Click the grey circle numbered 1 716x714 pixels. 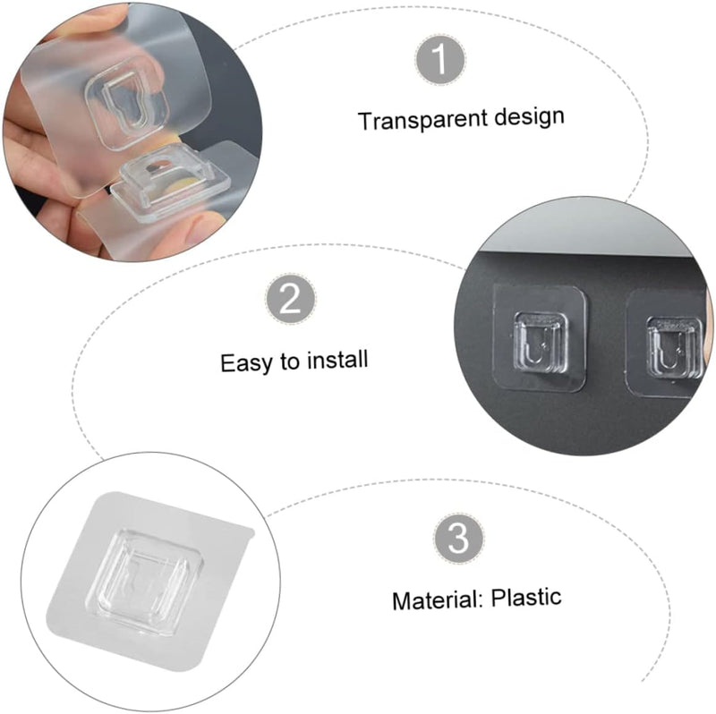(x=440, y=59)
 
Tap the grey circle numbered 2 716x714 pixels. (x=290, y=299)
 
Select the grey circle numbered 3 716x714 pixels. (x=458, y=539)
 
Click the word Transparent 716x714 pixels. (x=422, y=120)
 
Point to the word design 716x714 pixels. (x=530, y=116)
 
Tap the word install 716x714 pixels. (x=337, y=360)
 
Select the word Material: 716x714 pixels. (x=438, y=600)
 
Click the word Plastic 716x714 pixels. (x=526, y=597)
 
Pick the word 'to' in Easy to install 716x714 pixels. (x=290, y=361)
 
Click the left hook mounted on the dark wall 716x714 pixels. (x=540, y=339)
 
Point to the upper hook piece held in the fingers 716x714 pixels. (x=126, y=106)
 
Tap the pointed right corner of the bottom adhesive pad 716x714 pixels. (x=254, y=531)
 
